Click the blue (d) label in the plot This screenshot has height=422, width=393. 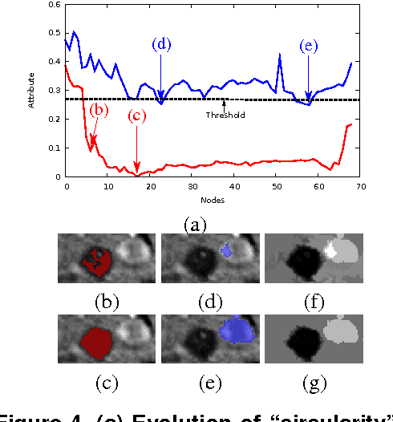[161, 44]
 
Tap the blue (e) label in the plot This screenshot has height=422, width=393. [309, 47]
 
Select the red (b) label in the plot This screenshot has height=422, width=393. [99, 109]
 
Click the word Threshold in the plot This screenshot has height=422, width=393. [225, 115]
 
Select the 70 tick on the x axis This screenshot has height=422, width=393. [360, 185]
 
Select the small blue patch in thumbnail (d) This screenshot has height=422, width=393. [227, 252]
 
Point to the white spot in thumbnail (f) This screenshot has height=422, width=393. [331, 250]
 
